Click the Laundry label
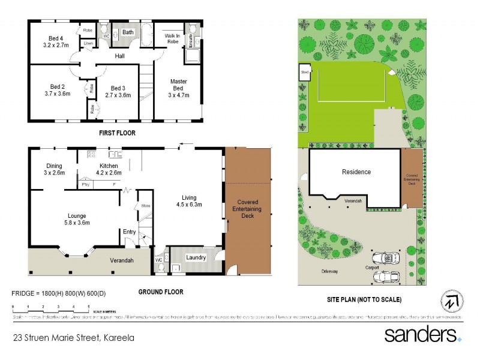(x=196, y=258)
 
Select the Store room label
(x=145, y=206)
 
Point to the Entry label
(x=129, y=232)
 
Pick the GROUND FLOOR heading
(x=160, y=292)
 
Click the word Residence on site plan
(x=356, y=172)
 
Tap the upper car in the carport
(x=385, y=259)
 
